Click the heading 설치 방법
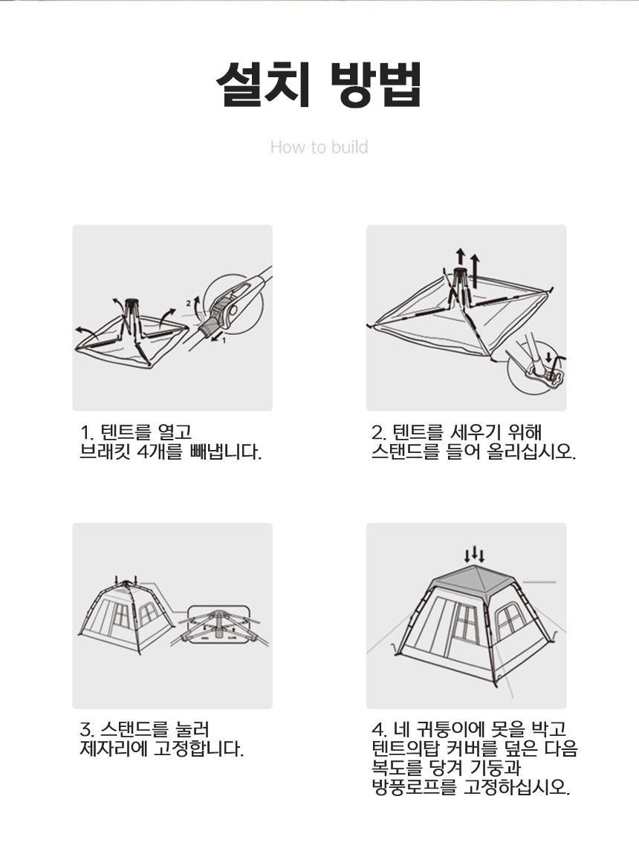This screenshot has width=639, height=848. pyautogui.click(x=319, y=85)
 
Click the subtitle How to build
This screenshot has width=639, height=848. pyautogui.click(x=319, y=147)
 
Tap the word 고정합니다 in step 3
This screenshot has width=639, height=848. pyautogui.click(x=199, y=749)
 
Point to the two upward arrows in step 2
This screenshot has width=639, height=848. pyautogui.click(x=467, y=266)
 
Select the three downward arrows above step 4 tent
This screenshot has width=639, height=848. pyautogui.click(x=474, y=555)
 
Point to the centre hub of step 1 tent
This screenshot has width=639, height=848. pyautogui.click(x=131, y=304)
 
